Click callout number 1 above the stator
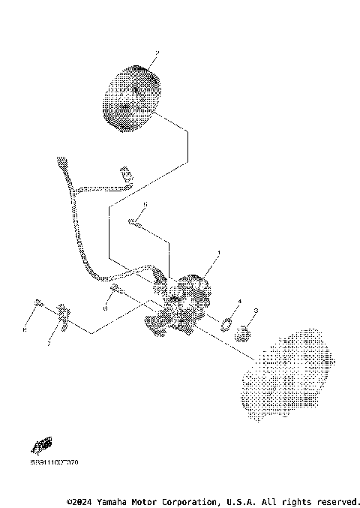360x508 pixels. pos(218,253)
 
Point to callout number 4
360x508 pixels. pos(239,301)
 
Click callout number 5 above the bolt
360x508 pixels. pos(145,204)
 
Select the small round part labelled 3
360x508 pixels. pos(242,331)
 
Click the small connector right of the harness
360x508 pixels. pos(127,176)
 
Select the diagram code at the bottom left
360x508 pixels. pos(54,462)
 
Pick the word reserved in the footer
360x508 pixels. pos(337,500)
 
